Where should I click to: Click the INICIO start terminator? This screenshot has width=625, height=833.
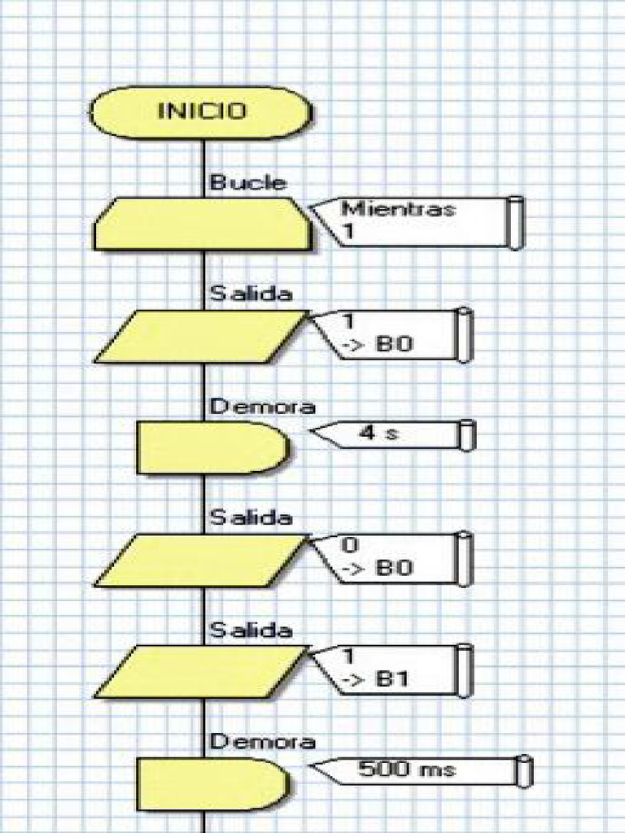point(200,112)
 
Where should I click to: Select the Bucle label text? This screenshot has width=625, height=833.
point(247,182)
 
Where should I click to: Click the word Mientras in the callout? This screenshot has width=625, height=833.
point(398,208)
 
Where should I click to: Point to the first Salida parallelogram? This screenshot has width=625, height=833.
point(202,336)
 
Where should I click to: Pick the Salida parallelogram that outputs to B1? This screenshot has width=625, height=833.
point(202,671)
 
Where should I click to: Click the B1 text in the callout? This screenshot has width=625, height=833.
point(395,681)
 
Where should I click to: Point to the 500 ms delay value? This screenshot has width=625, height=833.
point(407,769)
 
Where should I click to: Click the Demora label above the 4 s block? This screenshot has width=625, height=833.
point(262,406)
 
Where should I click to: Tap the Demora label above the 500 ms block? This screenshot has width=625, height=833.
point(262,741)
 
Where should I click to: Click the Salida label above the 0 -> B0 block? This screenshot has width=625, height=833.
point(251,517)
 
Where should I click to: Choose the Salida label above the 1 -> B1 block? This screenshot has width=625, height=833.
point(251,630)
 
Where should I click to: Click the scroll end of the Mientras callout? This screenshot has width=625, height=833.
point(515,222)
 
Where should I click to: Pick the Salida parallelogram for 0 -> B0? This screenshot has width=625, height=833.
point(202,560)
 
